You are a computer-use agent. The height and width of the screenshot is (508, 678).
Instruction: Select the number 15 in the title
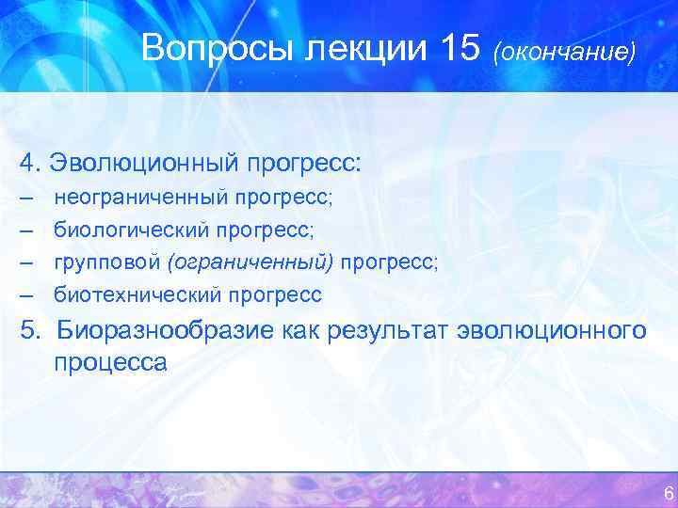(x=460, y=49)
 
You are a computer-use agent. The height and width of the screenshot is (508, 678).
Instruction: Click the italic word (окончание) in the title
(x=563, y=52)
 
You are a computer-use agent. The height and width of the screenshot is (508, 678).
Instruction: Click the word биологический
(x=131, y=230)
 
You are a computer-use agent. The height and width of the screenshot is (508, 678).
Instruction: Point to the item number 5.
(x=27, y=330)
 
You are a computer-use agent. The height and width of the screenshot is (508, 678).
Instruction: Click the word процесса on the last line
(x=110, y=363)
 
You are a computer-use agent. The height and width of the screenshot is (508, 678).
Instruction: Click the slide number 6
(x=668, y=493)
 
